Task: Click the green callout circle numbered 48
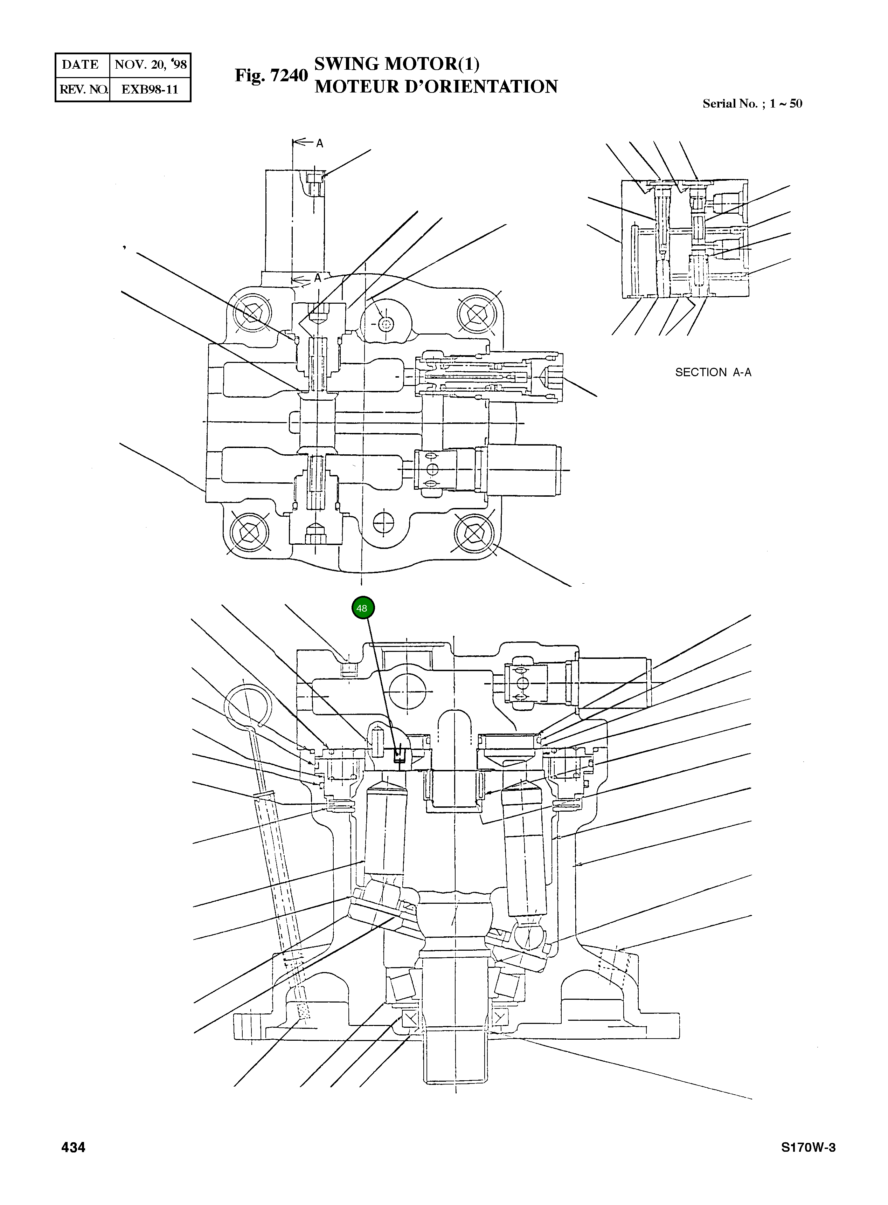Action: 363,608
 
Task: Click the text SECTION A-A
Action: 713,372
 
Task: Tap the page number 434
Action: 73,1148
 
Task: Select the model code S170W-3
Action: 808,1148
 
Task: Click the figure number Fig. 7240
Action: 271,75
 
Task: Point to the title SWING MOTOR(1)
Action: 396,64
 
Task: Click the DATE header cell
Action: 81,64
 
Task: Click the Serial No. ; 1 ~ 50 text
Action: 752,104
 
